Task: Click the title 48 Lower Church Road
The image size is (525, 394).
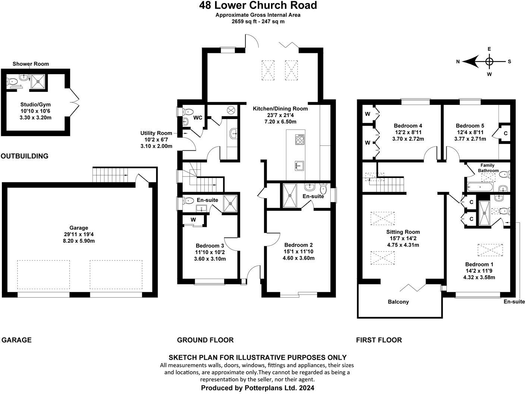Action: [258, 6]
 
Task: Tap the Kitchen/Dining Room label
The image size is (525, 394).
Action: [280, 109]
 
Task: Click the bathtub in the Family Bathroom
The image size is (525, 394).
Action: [481, 187]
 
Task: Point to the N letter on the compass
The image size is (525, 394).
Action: [458, 62]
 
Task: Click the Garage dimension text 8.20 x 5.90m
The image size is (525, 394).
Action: [79, 241]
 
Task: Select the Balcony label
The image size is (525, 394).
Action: [398, 302]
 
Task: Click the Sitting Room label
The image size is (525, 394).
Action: [403, 232]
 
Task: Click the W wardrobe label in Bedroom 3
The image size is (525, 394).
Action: [193, 220]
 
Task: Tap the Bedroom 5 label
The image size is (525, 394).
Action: [469, 126]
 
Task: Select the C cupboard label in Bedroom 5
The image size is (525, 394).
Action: [506, 133]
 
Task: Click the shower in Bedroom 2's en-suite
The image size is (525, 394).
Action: [289, 194]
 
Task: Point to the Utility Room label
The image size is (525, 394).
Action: [156, 133]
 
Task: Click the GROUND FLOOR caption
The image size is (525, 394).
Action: [205, 340]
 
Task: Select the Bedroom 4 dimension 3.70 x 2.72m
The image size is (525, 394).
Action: [408, 139]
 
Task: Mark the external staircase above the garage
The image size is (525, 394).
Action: [110, 175]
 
